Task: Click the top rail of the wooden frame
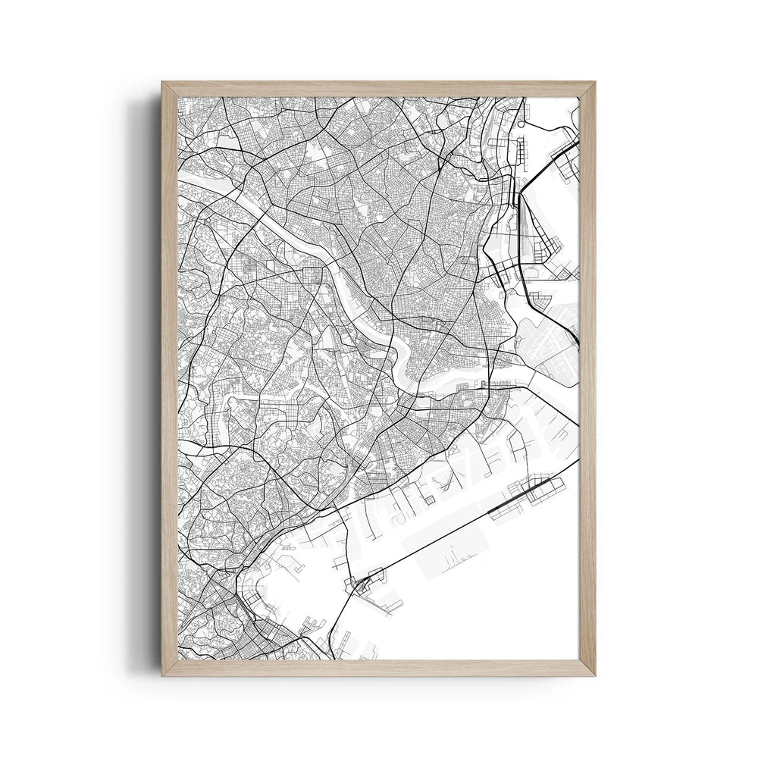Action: [x=379, y=89]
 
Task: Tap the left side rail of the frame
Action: [x=168, y=379]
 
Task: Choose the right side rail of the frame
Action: [x=588, y=379]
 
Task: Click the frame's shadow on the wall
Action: [x=149, y=379]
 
